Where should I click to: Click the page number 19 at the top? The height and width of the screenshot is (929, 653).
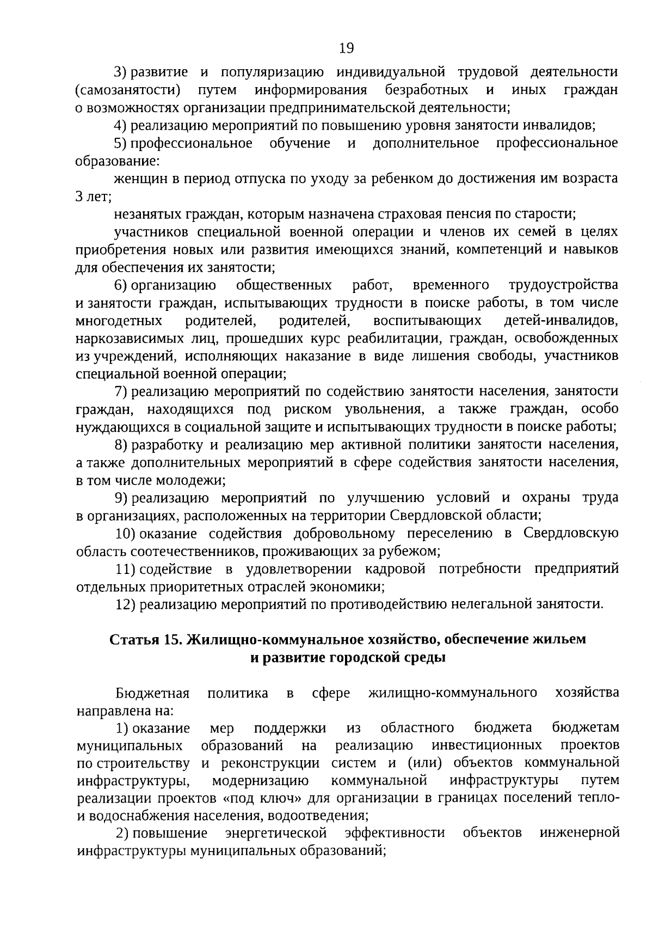tap(346, 49)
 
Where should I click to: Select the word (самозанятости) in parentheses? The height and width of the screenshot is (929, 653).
tap(128, 90)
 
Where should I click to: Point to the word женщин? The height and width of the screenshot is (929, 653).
tap(139, 179)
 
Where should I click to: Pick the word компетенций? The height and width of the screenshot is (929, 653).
tap(497, 250)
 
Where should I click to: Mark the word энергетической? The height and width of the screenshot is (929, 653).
tap(276, 834)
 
